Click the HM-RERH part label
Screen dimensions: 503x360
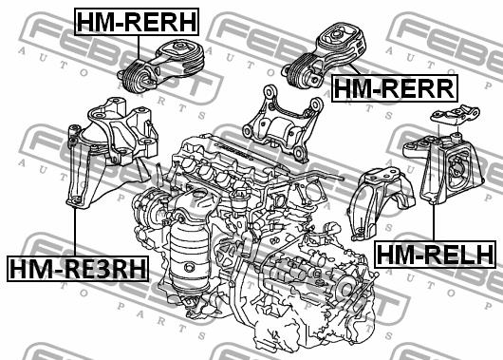(137, 22)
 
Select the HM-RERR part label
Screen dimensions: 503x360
(394, 88)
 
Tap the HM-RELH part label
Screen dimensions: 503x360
(435, 254)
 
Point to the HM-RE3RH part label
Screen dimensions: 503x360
(78, 269)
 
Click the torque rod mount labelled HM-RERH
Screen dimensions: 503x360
(160, 66)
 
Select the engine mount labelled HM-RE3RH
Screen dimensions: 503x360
(111, 151)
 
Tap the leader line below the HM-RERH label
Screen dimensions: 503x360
(139, 47)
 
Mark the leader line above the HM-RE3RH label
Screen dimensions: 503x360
(74, 232)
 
